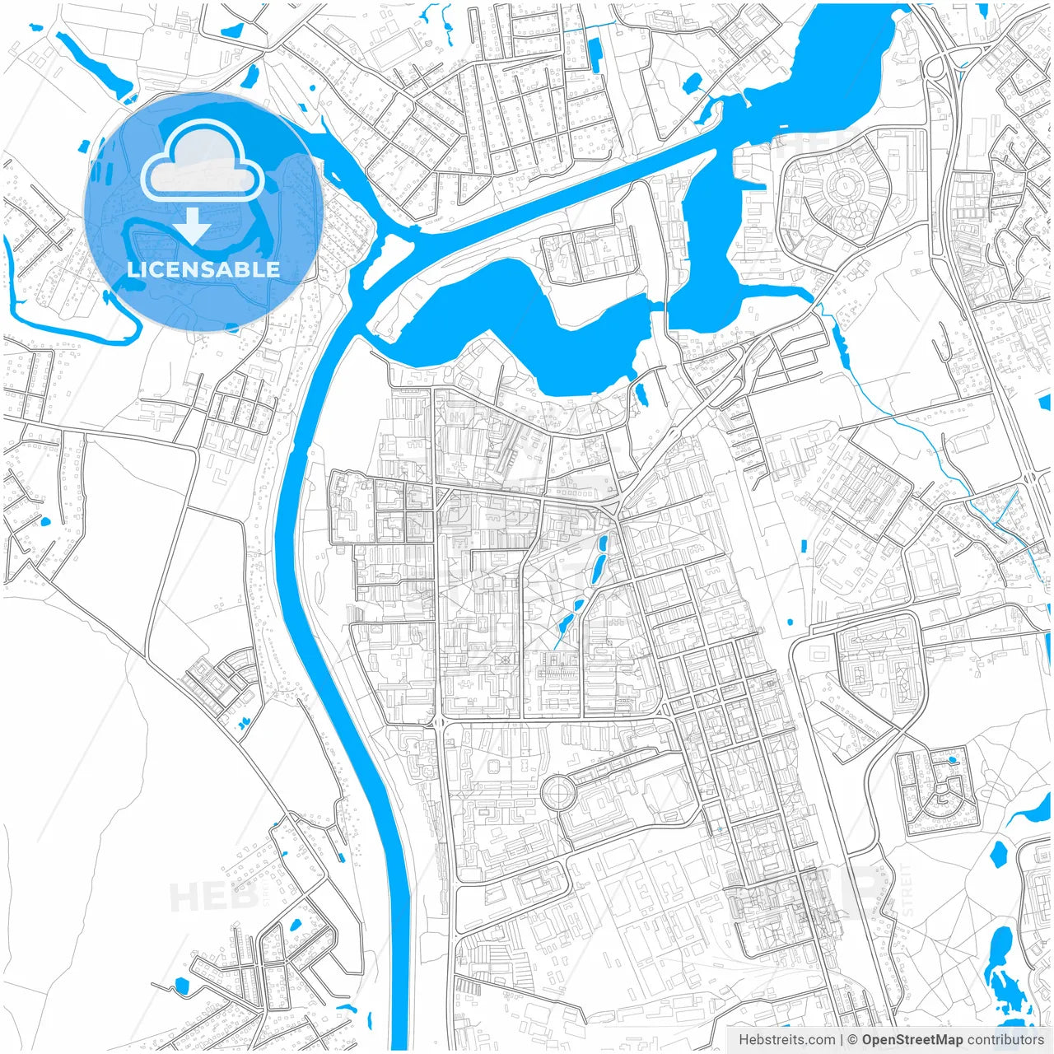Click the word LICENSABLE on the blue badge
(x=203, y=269)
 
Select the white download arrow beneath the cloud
(x=192, y=225)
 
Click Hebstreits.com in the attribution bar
(x=786, y=1039)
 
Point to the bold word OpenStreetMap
(x=912, y=1039)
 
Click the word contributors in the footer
(x=1005, y=1039)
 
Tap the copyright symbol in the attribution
(x=852, y=1039)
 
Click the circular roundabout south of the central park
(x=557, y=794)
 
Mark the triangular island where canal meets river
(x=394, y=247)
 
